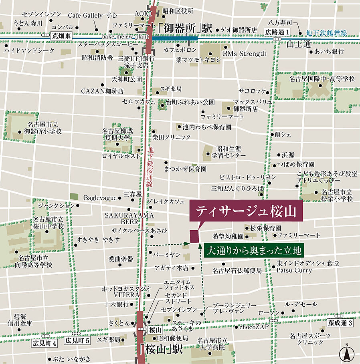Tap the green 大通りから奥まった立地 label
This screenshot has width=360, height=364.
click(254, 251)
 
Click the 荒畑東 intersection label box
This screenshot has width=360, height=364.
click(61, 36)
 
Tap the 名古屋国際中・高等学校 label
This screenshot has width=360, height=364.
click(322, 79)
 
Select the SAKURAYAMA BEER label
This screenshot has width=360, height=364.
click(129, 218)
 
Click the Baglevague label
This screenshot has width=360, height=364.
click(100, 198)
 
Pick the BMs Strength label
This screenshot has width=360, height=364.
click(245, 53)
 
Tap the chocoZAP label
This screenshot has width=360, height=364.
click(254, 327)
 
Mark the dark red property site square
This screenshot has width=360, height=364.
click(194, 236)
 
